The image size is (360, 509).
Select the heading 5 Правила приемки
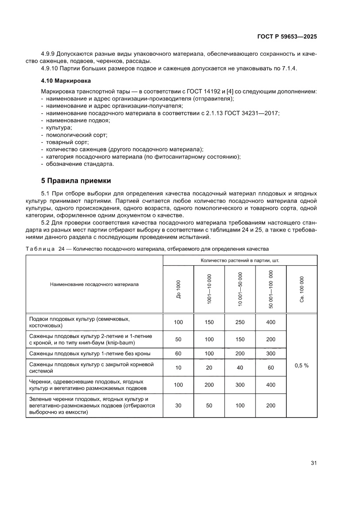(x=76, y=180)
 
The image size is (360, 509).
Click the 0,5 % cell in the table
(x=301, y=366)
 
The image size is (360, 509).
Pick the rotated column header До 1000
(x=178, y=289)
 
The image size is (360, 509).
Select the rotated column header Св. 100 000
(x=302, y=289)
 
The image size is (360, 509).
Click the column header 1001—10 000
(x=209, y=289)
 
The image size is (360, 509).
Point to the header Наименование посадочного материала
(x=94, y=284)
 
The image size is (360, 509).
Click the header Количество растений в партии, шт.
(x=240, y=260)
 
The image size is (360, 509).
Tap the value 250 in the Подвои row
(x=240, y=322)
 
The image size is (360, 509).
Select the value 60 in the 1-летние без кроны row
(x=178, y=354)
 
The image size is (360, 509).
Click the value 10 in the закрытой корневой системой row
(x=178, y=368)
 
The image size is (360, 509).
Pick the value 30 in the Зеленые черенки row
(x=178, y=405)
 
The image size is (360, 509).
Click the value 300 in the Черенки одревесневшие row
(x=240, y=384)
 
